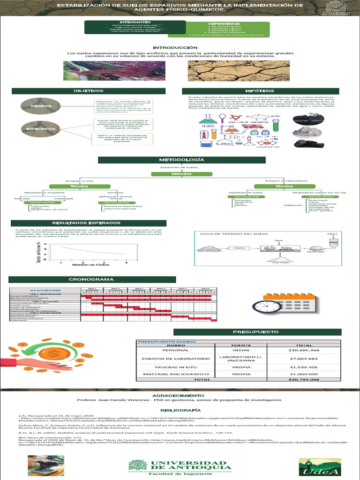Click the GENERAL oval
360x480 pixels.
[x=41, y=107]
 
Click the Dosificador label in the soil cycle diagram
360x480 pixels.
[x=315, y=252]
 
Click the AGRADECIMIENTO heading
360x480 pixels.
[x=180, y=396]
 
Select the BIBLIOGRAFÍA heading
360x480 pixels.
[x=180, y=409]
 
